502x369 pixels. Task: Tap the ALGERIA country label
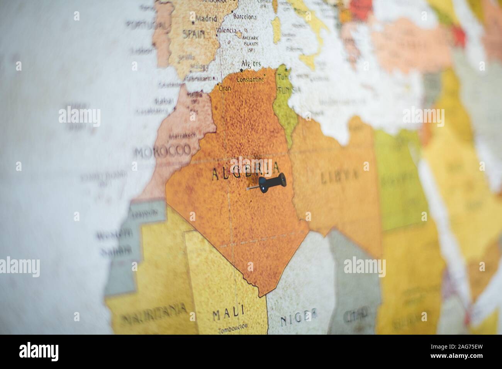tap(245, 171)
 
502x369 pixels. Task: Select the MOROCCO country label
tap(162, 152)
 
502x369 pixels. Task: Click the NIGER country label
tap(299, 315)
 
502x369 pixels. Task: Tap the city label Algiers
tap(251, 64)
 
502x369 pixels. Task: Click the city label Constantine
tap(250, 80)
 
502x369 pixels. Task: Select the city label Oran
tap(225, 88)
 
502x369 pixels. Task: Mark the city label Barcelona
tap(245, 17)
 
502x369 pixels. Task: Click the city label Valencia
tap(226, 30)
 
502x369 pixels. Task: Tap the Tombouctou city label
tap(232, 330)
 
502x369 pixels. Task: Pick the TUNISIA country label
tap(289, 90)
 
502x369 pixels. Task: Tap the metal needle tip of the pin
tap(248, 189)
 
